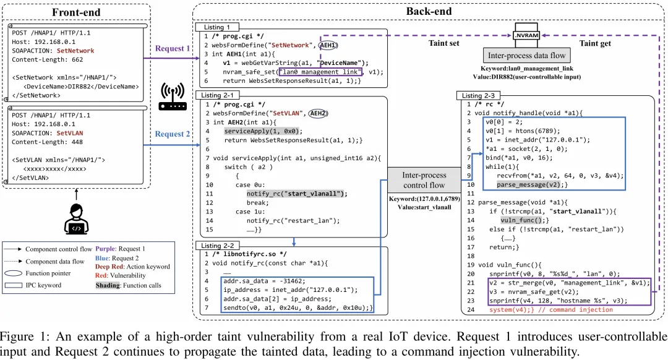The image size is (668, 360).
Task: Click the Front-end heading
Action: click(76, 12)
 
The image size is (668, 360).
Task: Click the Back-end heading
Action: click(429, 12)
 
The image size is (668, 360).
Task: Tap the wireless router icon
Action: click(173, 96)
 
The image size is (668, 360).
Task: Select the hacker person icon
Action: click(77, 219)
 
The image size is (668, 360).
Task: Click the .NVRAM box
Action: click(526, 35)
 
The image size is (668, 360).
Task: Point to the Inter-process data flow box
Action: click(526, 56)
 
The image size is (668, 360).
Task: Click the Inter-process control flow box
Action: click(424, 180)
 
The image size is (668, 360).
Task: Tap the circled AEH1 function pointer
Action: click(328, 45)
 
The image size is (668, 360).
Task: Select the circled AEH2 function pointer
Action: click(319, 113)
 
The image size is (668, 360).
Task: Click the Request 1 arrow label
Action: click(172, 49)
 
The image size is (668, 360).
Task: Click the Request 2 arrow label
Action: click(172, 134)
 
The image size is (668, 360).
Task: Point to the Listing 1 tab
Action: click(216, 27)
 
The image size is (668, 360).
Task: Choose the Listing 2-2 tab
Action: click(217, 246)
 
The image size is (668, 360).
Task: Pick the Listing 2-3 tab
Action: click(478, 95)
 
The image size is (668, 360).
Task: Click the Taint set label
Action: click(444, 43)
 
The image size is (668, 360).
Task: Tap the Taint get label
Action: click(595, 43)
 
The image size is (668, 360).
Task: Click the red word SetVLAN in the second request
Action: click(70, 133)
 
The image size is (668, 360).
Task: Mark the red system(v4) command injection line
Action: click(551, 310)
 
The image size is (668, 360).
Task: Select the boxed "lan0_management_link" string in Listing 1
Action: click(320, 72)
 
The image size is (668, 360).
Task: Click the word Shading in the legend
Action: click(108, 285)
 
